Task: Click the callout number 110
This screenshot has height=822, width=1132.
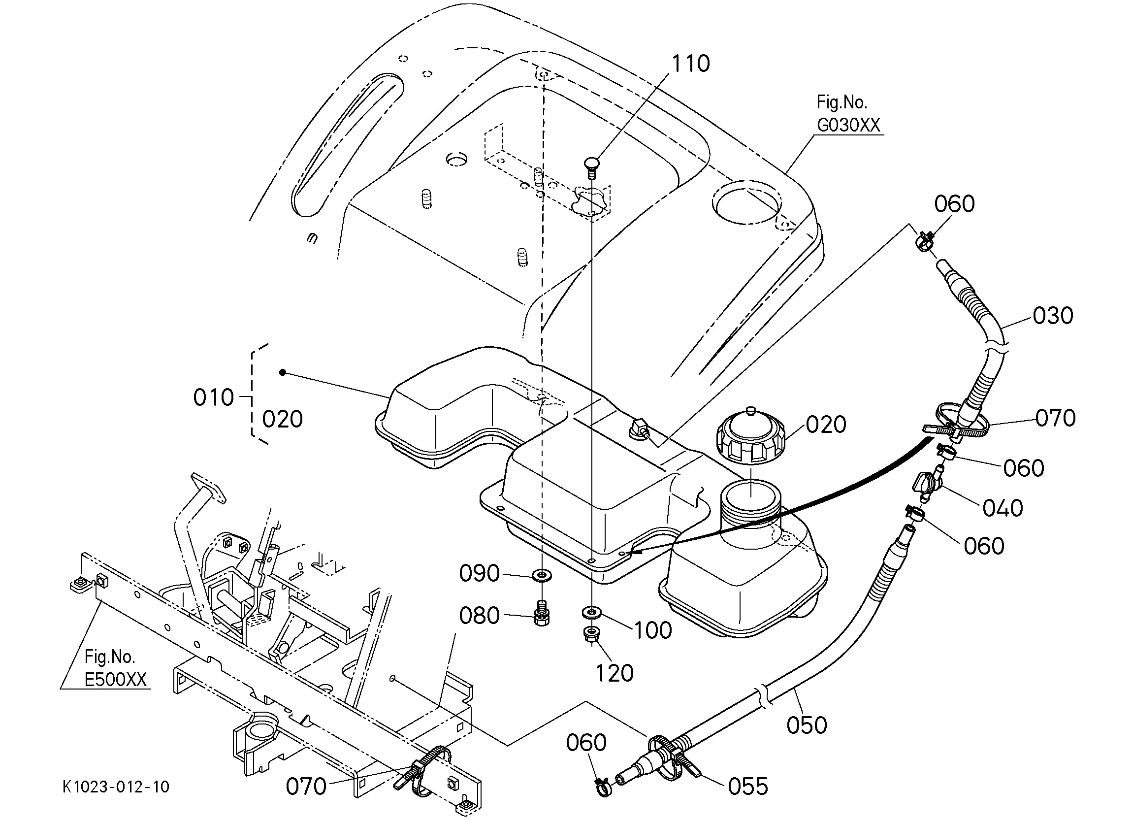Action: coord(691,64)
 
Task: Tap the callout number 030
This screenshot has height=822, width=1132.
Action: coord(1053,316)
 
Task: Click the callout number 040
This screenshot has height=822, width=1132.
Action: coord(1003,508)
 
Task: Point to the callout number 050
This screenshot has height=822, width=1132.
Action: coord(807,725)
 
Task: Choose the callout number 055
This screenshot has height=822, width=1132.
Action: coord(747,787)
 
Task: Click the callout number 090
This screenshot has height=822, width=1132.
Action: coord(479,573)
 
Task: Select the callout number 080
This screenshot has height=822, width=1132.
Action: coord(479,616)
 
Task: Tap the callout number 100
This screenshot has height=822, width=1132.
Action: coord(653,630)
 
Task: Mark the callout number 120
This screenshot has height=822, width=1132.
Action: coord(615,673)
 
